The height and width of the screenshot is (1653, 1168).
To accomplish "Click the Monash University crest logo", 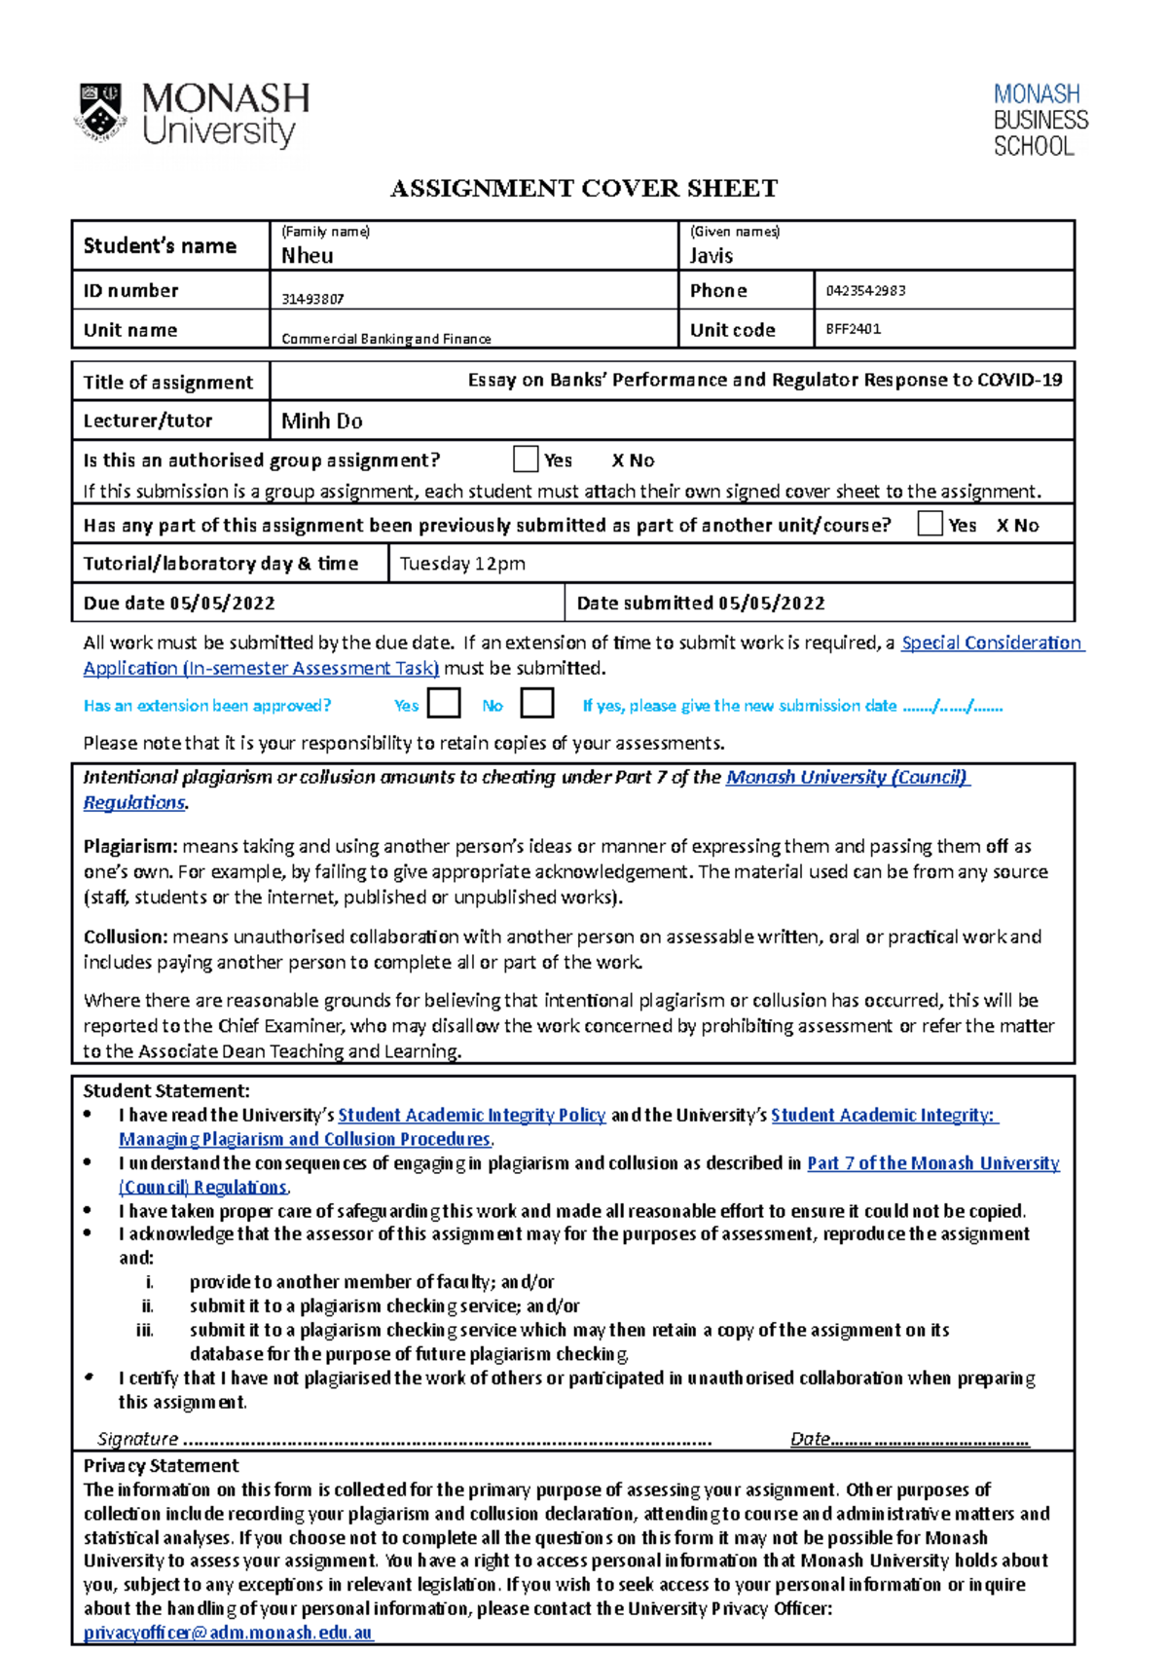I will [x=100, y=114].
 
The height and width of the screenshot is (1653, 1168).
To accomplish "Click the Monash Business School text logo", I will [x=1040, y=121].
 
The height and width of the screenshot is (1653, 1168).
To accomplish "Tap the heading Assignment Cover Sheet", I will [x=583, y=188].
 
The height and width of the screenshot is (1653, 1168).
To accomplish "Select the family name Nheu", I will [x=308, y=256].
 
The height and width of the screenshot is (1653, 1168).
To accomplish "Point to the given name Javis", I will [x=712, y=256].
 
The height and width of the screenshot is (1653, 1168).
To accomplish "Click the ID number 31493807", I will [x=312, y=299].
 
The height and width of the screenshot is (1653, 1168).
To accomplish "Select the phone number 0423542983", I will [x=865, y=290].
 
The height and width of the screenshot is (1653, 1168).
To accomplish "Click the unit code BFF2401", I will [x=853, y=329].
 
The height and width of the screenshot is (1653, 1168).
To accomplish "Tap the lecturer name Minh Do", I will [x=321, y=422].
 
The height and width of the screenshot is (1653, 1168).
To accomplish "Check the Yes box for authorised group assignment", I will [x=526, y=459].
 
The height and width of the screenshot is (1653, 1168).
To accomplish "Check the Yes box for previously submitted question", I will [x=930, y=525].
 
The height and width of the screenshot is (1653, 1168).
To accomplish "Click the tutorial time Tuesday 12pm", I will [x=462, y=564].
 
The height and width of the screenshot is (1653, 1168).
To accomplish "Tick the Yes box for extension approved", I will [x=444, y=704].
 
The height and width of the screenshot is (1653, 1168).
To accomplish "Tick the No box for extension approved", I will [x=537, y=704].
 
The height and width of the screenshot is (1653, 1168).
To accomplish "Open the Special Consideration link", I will [x=991, y=643].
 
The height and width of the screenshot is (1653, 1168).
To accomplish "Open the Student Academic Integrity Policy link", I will [x=471, y=1116].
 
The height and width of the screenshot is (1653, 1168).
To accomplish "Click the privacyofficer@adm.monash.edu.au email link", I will [x=228, y=1633].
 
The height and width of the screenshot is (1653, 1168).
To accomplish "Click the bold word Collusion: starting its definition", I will [x=126, y=937].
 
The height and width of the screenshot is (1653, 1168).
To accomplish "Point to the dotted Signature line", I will [x=448, y=1440].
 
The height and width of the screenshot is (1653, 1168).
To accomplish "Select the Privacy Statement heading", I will [x=161, y=1466].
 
